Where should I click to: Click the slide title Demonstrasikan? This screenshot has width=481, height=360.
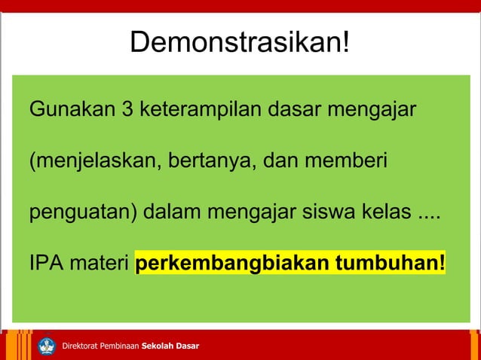point(240,43)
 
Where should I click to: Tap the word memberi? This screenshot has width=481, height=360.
point(348,161)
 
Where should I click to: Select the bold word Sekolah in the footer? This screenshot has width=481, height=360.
point(158,346)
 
